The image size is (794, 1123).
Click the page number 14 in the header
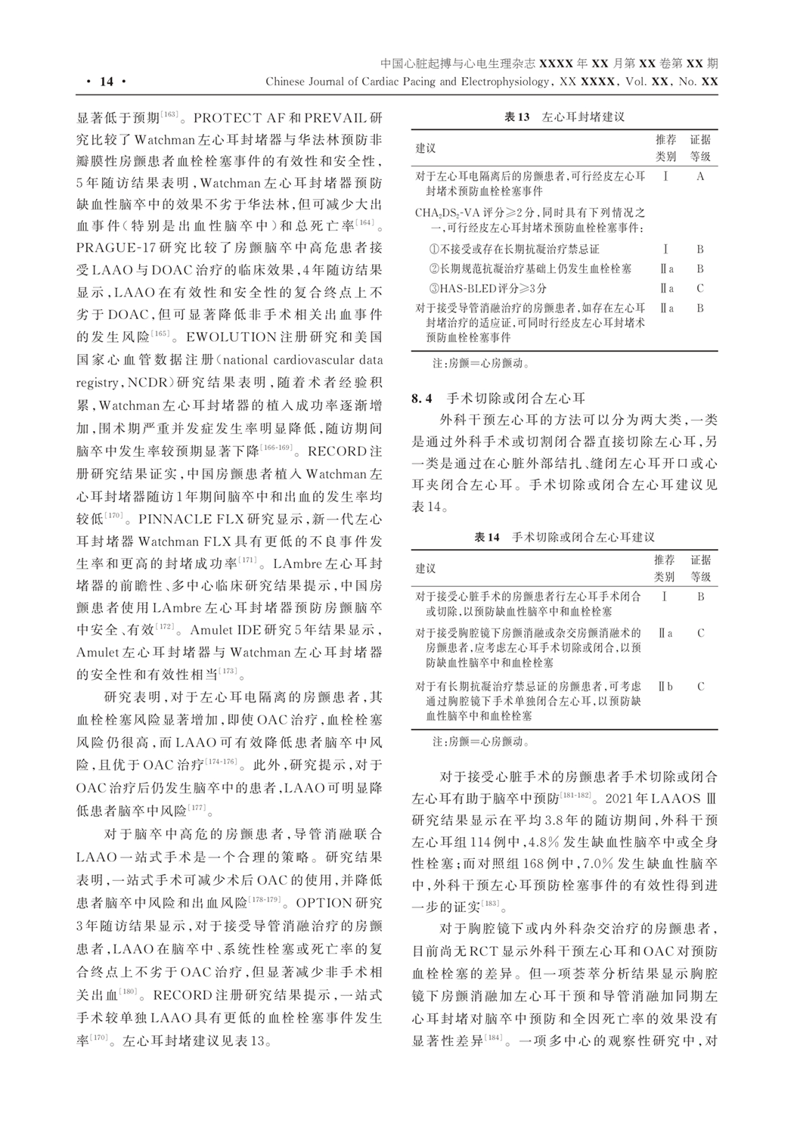(105, 82)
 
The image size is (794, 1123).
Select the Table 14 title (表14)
(563, 537)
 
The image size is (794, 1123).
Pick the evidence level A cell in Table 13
(700, 176)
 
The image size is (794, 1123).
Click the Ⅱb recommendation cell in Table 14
(665, 687)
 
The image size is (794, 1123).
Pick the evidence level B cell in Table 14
(700, 597)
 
